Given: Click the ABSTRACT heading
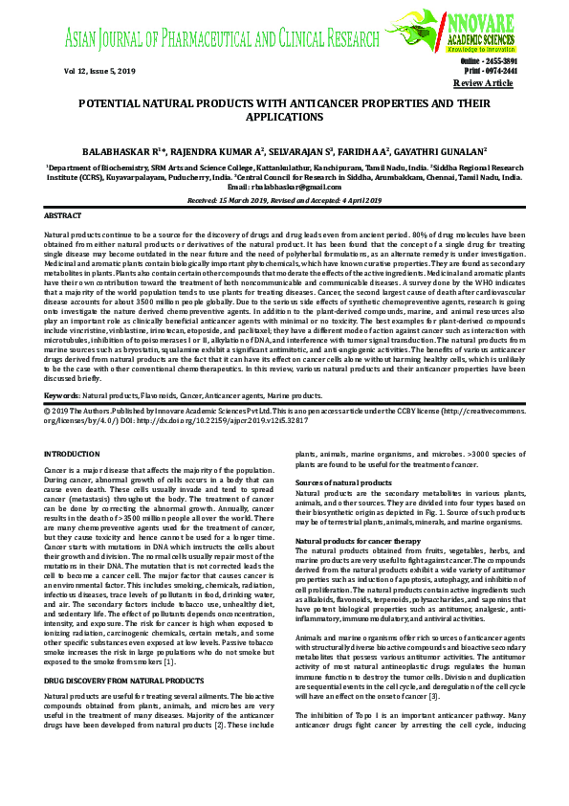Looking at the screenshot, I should (x=63, y=217).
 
